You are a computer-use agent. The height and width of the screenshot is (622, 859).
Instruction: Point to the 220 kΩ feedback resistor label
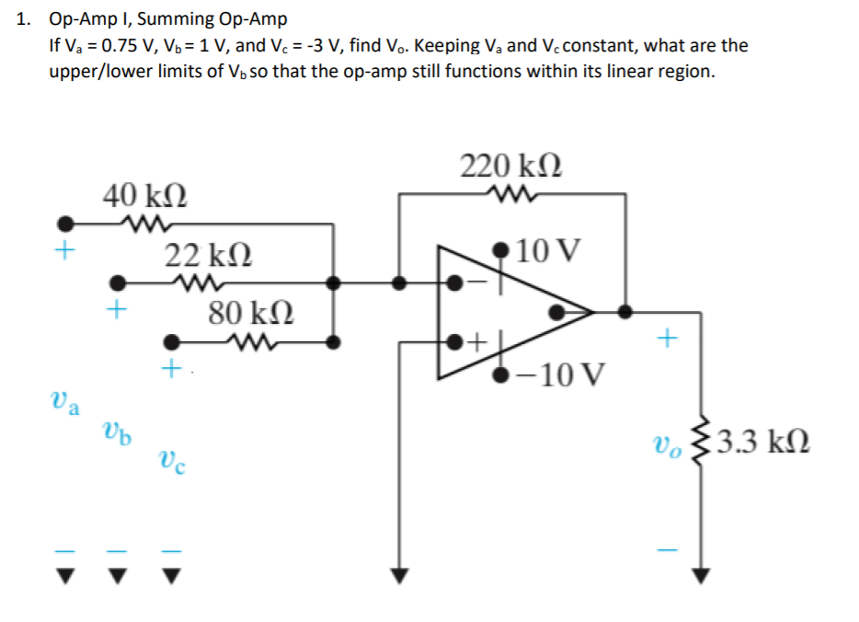pos(511,167)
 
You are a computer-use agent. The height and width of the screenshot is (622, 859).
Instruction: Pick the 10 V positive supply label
pos(549,249)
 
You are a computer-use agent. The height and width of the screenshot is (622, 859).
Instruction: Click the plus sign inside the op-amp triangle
pos(476,343)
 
